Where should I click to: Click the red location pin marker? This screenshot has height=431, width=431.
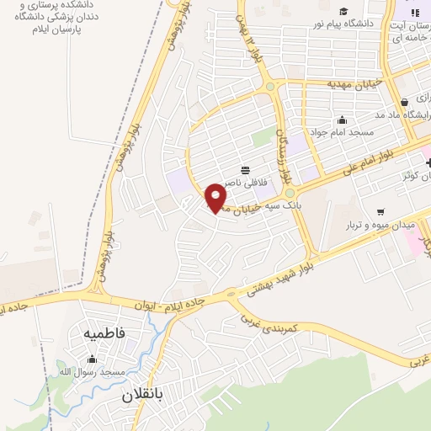(x=216, y=197)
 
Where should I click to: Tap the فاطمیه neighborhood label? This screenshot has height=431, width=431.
(x=104, y=333)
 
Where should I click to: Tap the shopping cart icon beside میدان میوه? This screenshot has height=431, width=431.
(x=381, y=211)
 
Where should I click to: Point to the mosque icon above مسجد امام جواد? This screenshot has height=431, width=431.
(x=341, y=119)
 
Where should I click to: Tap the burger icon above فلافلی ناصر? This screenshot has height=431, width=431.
(x=245, y=167)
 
